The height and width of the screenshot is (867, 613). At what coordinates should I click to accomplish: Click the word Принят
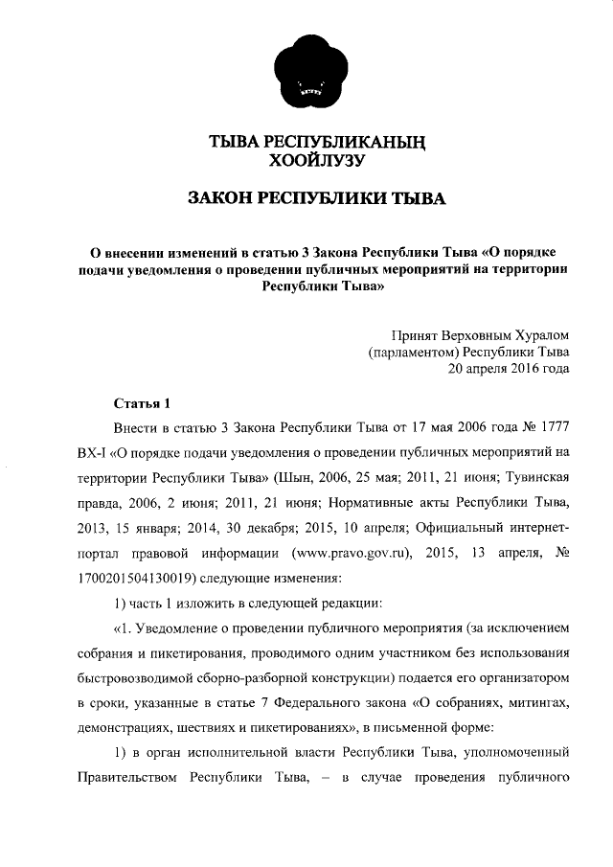(415, 334)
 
